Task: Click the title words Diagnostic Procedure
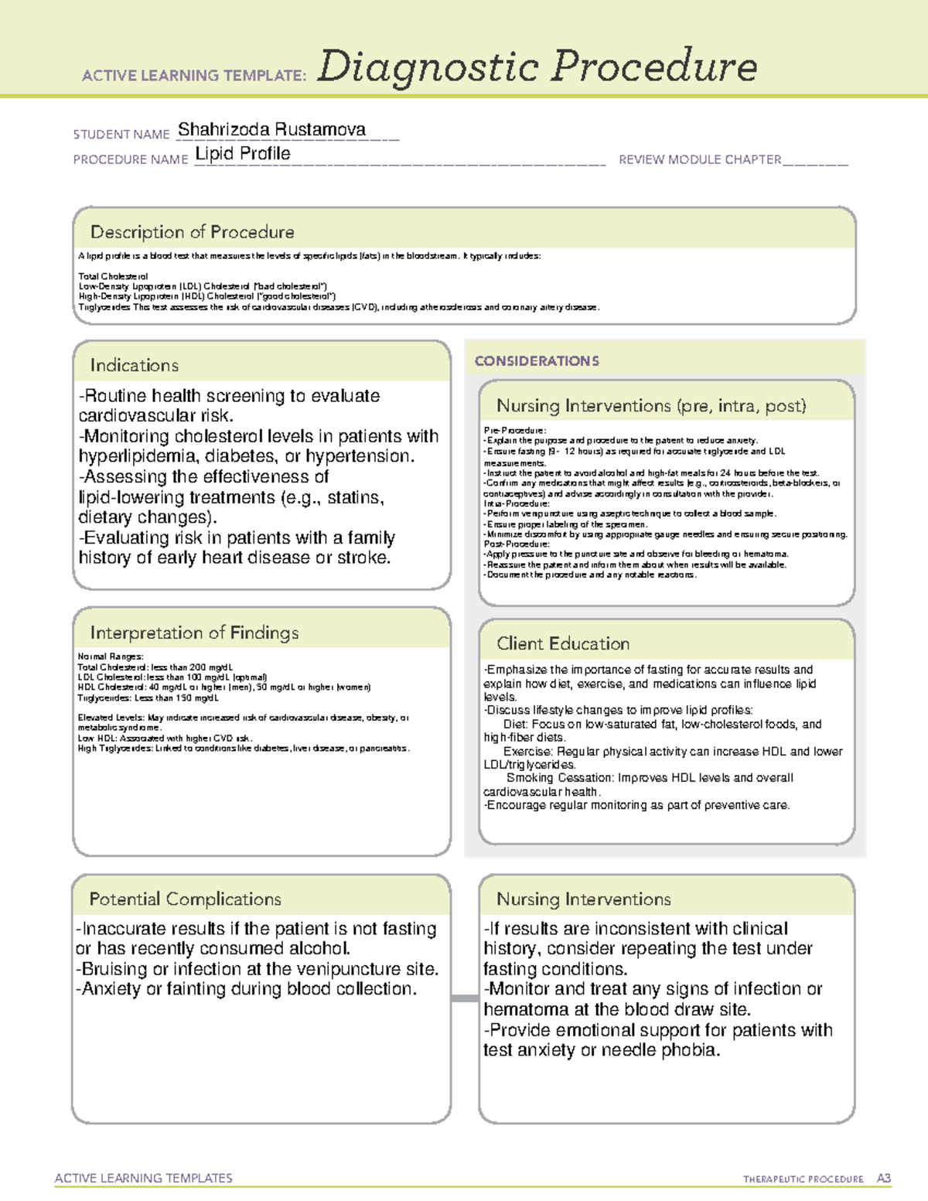point(537,67)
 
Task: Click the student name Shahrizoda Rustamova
point(271,130)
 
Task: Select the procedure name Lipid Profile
point(243,154)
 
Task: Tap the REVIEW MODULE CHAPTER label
point(700,159)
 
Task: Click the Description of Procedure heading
point(192,232)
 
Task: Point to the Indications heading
point(134,365)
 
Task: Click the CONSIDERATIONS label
point(537,361)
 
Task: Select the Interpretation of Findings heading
point(194,633)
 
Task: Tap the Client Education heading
point(563,643)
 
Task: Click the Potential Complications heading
point(185,899)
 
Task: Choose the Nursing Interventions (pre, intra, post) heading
point(651,406)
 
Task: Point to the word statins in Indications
point(355,497)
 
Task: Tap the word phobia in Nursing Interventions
point(690,1050)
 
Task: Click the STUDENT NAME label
point(121,135)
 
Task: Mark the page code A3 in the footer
point(883,1179)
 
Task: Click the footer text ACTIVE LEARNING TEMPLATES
point(144,1178)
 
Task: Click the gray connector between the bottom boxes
point(464,998)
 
